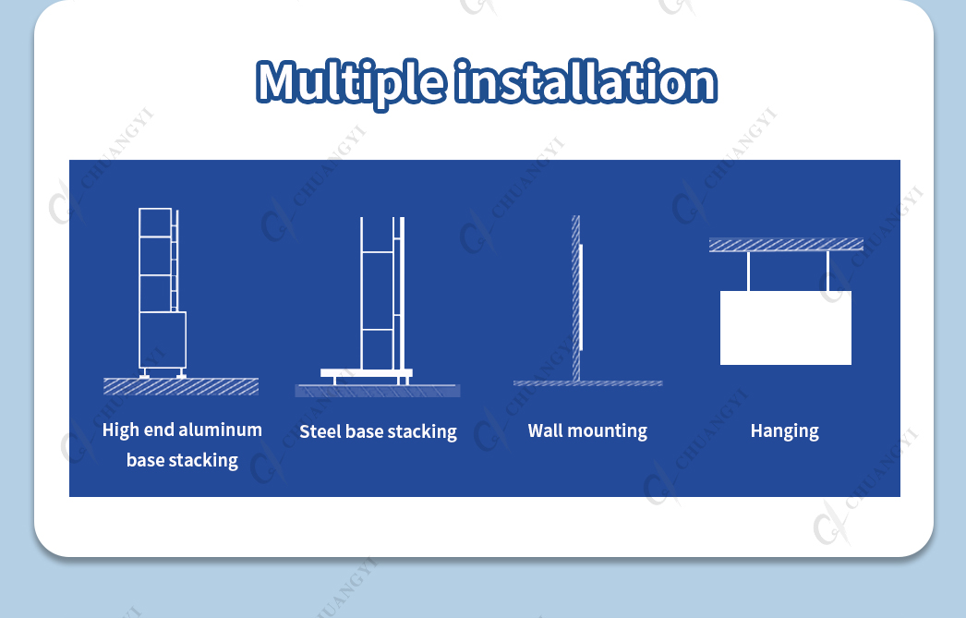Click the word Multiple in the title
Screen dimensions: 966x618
351,82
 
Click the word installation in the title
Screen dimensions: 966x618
586,80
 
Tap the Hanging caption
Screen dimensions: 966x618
785,431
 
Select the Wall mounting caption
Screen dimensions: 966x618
587,430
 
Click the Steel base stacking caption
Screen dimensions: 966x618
379,432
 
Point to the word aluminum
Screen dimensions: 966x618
220,430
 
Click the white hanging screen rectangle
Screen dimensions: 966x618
786,328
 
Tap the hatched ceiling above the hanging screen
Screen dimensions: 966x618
786,245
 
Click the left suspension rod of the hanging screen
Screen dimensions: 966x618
749,271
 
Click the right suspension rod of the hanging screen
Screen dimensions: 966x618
828,271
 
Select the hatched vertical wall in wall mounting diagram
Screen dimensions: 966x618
576,298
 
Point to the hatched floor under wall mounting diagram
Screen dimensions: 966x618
587,383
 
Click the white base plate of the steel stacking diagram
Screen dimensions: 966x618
367,373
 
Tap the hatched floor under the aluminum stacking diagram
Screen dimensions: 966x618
181,386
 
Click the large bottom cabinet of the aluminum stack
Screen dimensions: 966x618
163,340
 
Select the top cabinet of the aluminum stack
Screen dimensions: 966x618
155,223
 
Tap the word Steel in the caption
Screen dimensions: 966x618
320,431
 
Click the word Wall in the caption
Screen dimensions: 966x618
545,430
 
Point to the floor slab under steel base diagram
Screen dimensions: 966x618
378,391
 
